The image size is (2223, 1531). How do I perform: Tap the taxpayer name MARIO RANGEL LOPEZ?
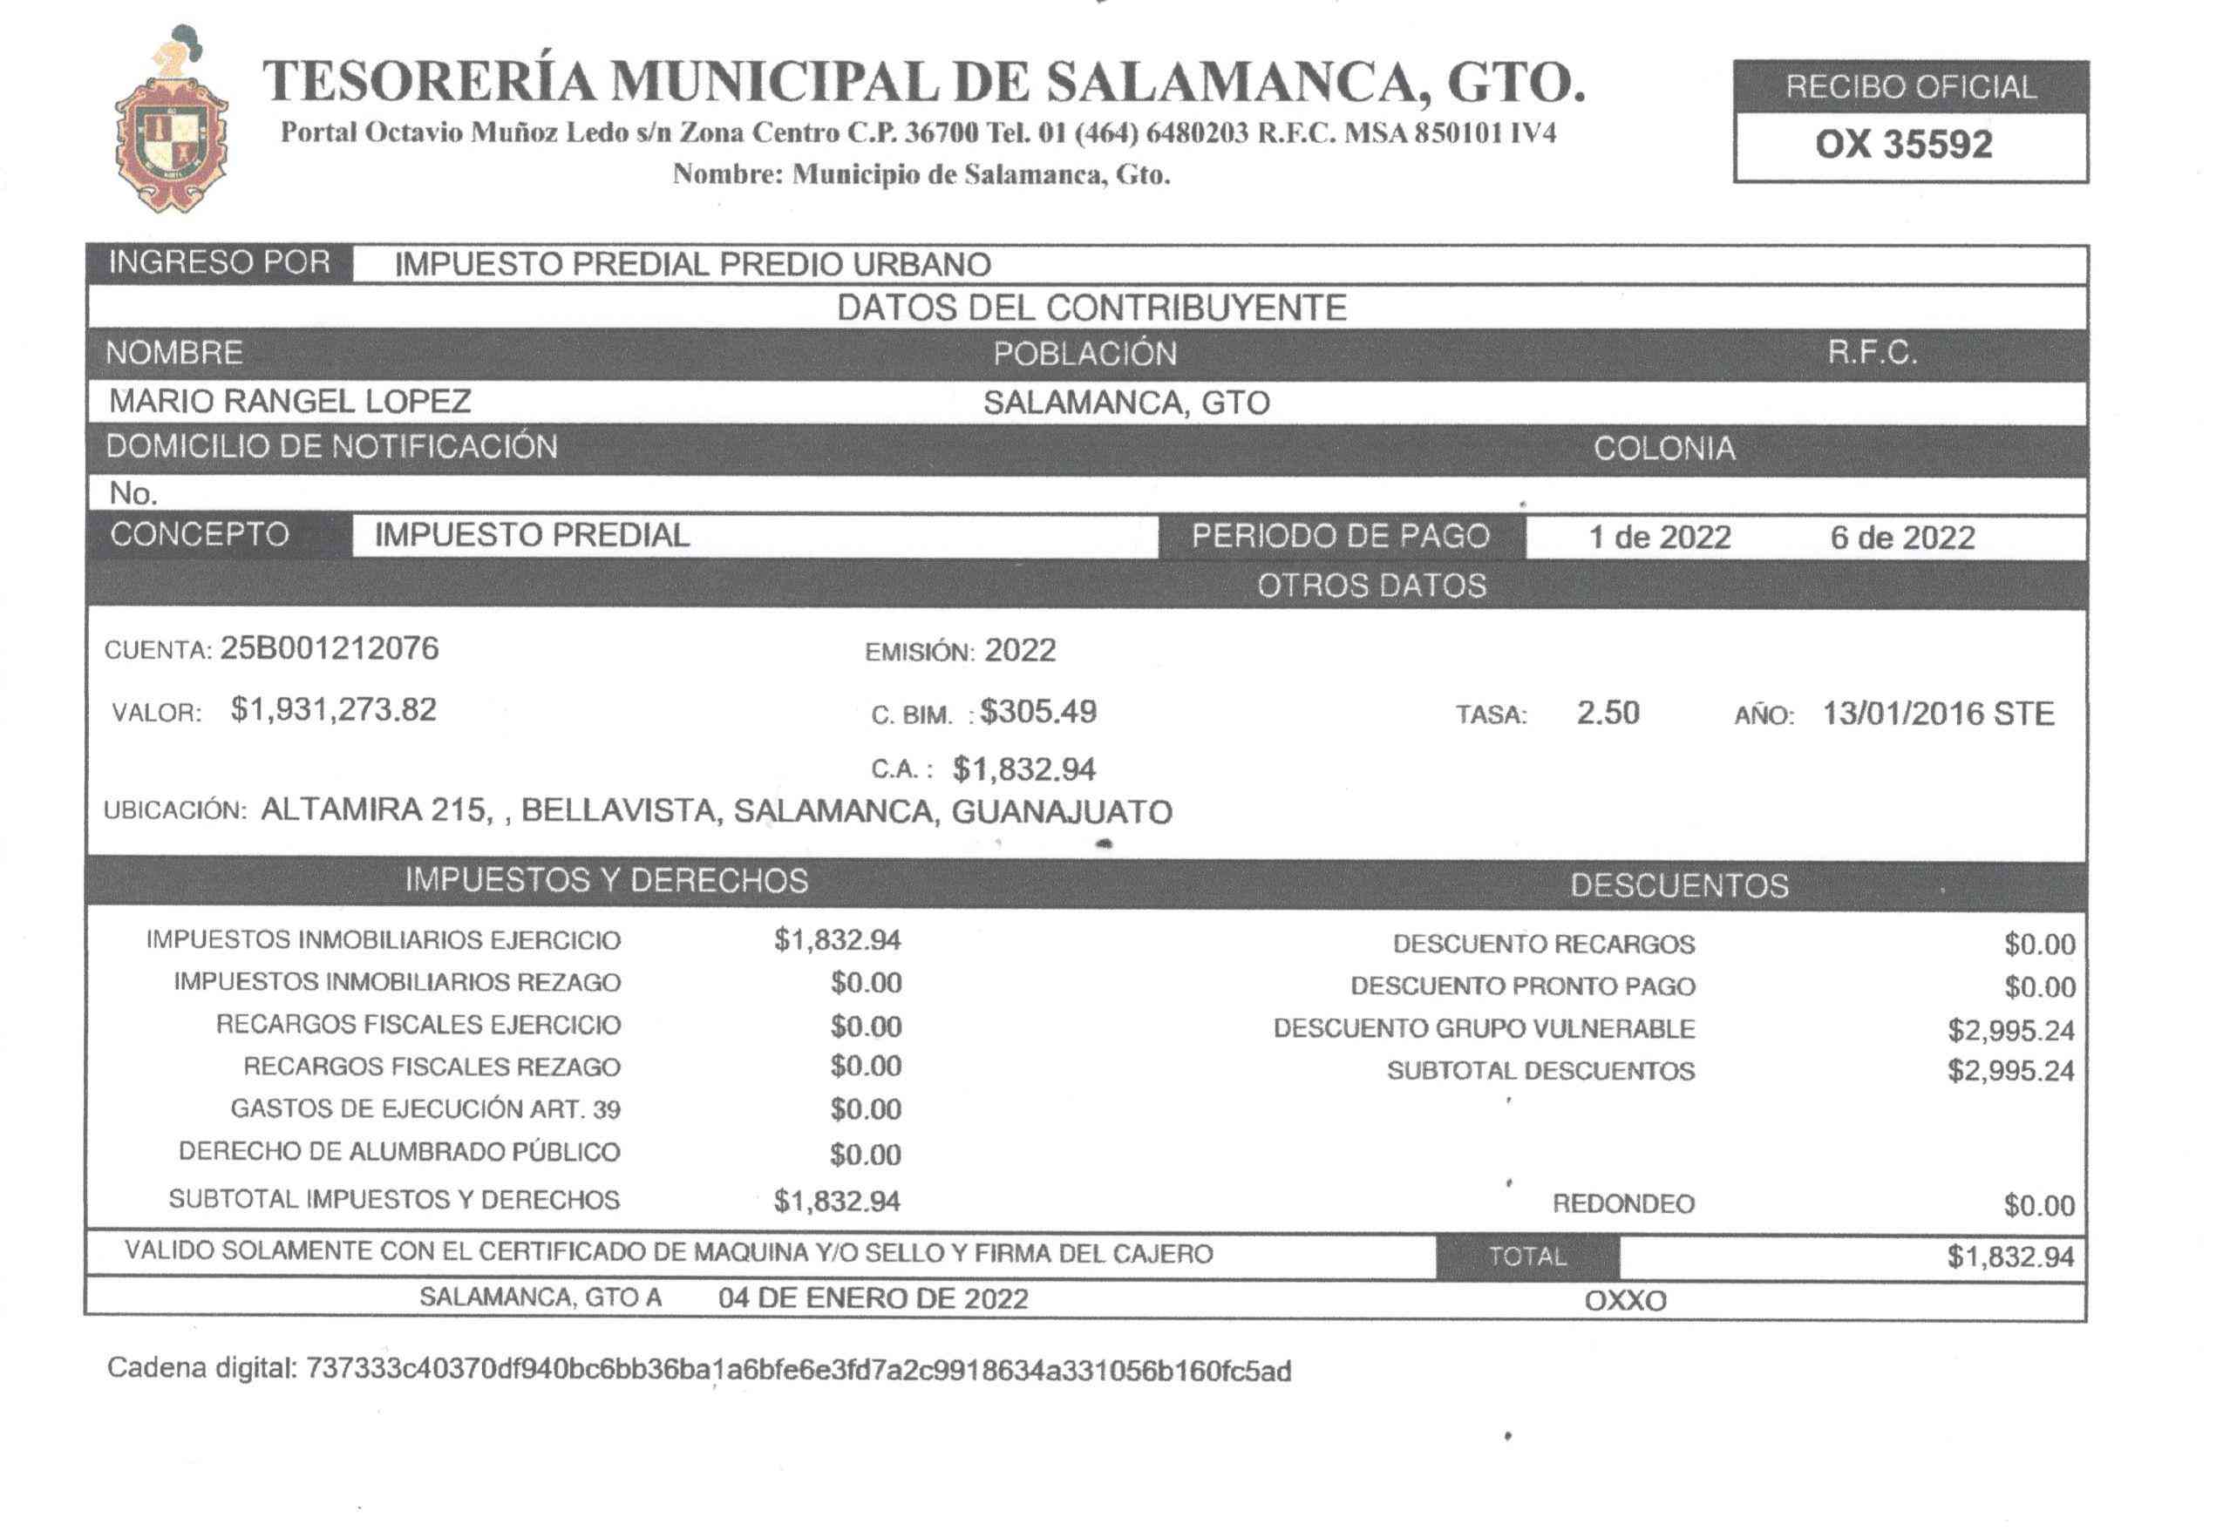289,401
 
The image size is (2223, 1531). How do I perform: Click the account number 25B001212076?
329,649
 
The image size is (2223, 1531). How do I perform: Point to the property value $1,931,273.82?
333,710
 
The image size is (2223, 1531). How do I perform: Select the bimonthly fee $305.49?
1037,712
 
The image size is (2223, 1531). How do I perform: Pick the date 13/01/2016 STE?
1937,714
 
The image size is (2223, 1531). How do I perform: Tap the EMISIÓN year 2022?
1020,651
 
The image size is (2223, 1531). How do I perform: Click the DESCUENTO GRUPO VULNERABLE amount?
2010,1030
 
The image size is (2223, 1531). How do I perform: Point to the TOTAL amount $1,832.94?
2010,1257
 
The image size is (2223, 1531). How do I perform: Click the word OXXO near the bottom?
1625,1301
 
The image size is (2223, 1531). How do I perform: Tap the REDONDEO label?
1623,1204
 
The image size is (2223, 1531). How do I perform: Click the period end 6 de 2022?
1901,537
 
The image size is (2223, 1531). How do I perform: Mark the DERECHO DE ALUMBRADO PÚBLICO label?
399,1151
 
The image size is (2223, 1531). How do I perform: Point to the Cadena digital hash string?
799,1371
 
